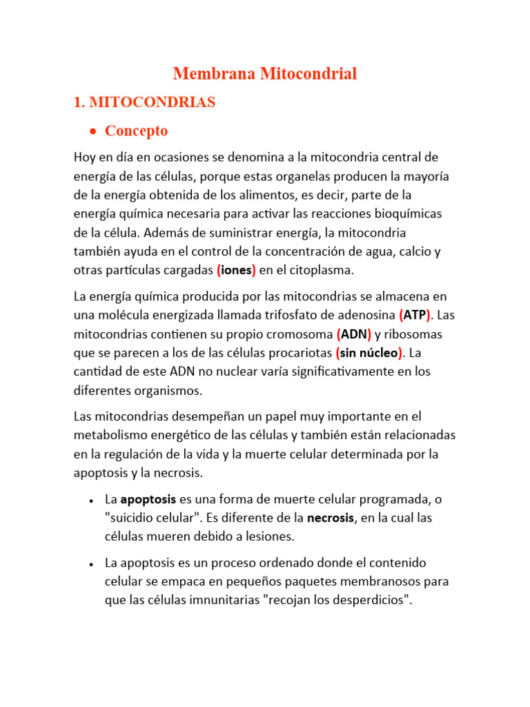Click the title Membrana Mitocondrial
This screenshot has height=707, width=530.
[264, 74]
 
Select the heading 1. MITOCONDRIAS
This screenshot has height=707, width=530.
[144, 102]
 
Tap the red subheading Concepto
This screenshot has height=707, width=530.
[136, 130]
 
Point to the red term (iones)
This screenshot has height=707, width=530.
[236, 270]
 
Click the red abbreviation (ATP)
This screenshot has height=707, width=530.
[415, 315]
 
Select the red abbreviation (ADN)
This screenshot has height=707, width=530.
[354, 334]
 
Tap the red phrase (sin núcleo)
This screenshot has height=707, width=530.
[369, 353]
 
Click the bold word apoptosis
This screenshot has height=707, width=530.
[148, 498]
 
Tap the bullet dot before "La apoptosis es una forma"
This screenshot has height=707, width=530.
[92, 499]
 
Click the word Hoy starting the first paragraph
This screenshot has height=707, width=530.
[86, 157]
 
